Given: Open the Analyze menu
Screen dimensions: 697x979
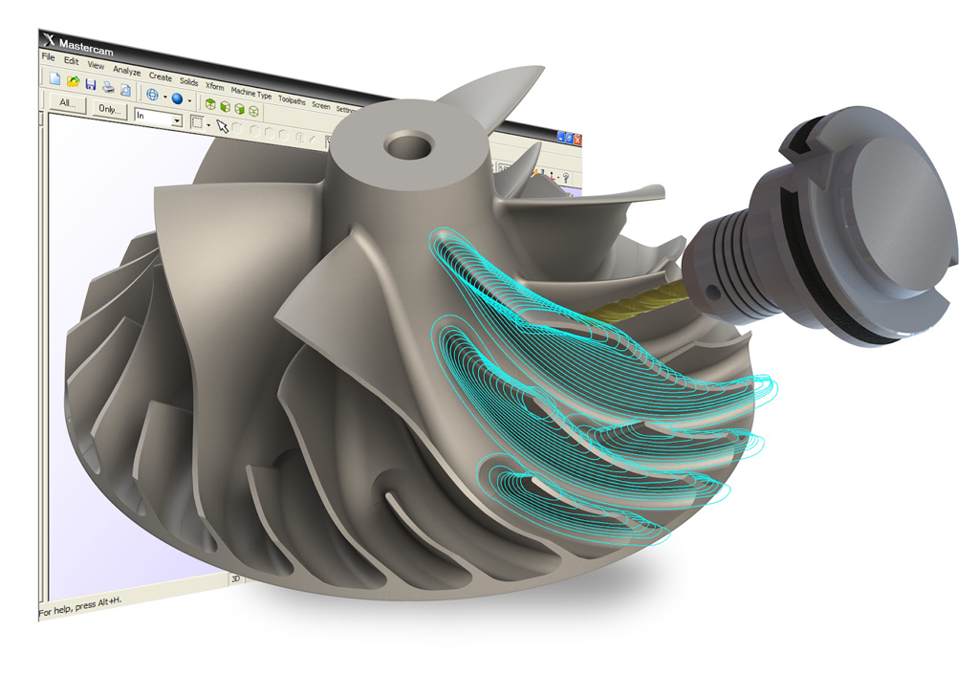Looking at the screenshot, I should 126,71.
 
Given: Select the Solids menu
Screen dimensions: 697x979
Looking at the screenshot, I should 188,81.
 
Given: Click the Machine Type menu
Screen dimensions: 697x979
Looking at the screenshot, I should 250,94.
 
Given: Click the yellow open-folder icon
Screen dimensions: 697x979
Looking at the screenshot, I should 73,82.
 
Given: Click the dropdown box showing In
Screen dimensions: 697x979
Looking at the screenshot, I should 158,117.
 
